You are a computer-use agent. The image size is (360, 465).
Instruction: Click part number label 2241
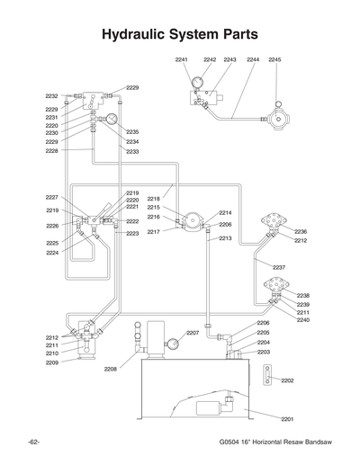(x=181, y=59)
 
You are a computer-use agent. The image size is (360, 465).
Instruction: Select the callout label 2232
(x=51, y=95)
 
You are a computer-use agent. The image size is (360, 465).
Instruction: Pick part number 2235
(x=131, y=132)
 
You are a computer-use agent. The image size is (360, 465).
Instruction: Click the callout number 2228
(x=51, y=151)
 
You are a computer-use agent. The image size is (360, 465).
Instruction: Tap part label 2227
(x=51, y=197)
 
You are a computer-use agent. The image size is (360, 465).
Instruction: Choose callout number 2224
(x=51, y=253)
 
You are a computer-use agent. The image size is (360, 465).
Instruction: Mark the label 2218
(x=153, y=198)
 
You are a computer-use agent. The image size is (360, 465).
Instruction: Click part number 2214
(x=225, y=213)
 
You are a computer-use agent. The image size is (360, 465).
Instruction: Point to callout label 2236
(x=301, y=232)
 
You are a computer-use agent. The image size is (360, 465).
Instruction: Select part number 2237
(x=278, y=268)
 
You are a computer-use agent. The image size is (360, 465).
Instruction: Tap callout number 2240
(x=302, y=320)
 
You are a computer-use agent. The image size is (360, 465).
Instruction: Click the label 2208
(x=111, y=369)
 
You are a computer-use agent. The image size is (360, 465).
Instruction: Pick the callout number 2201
(x=287, y=419)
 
